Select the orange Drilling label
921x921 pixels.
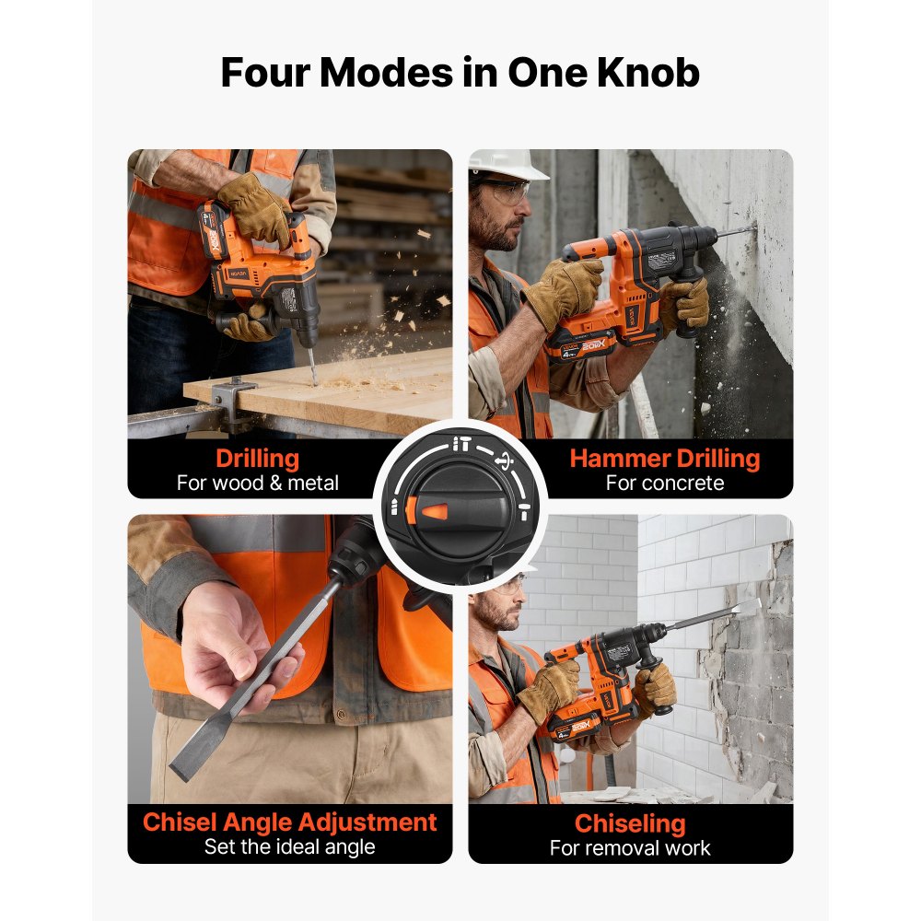pos(257,459)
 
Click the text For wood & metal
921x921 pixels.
pos(257,483)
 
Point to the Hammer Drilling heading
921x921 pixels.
pos(665,459)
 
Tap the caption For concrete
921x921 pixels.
pos(665,483)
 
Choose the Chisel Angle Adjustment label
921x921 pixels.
pos(289,822)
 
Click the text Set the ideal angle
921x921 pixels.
pos(289,846)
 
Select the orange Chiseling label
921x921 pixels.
pos(630,822)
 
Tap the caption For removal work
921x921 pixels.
pos(630,847)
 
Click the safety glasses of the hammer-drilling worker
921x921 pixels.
pos(508,191)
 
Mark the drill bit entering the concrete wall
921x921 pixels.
pos(737,231)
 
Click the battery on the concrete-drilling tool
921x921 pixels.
pos(580,346)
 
